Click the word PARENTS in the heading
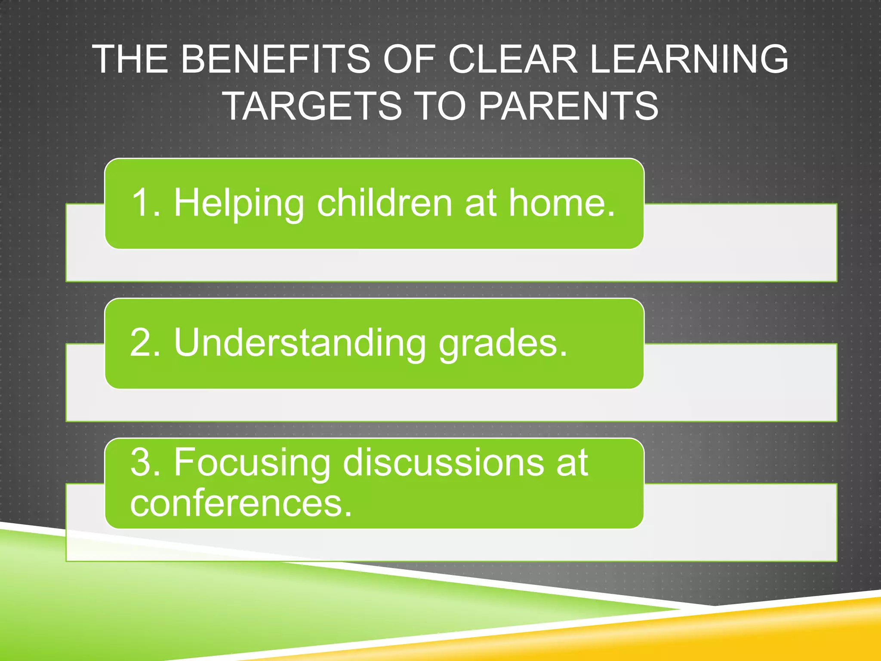pyautogui.click(x=568, y=106)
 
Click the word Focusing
pyautogui.click(x=252, y=463)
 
